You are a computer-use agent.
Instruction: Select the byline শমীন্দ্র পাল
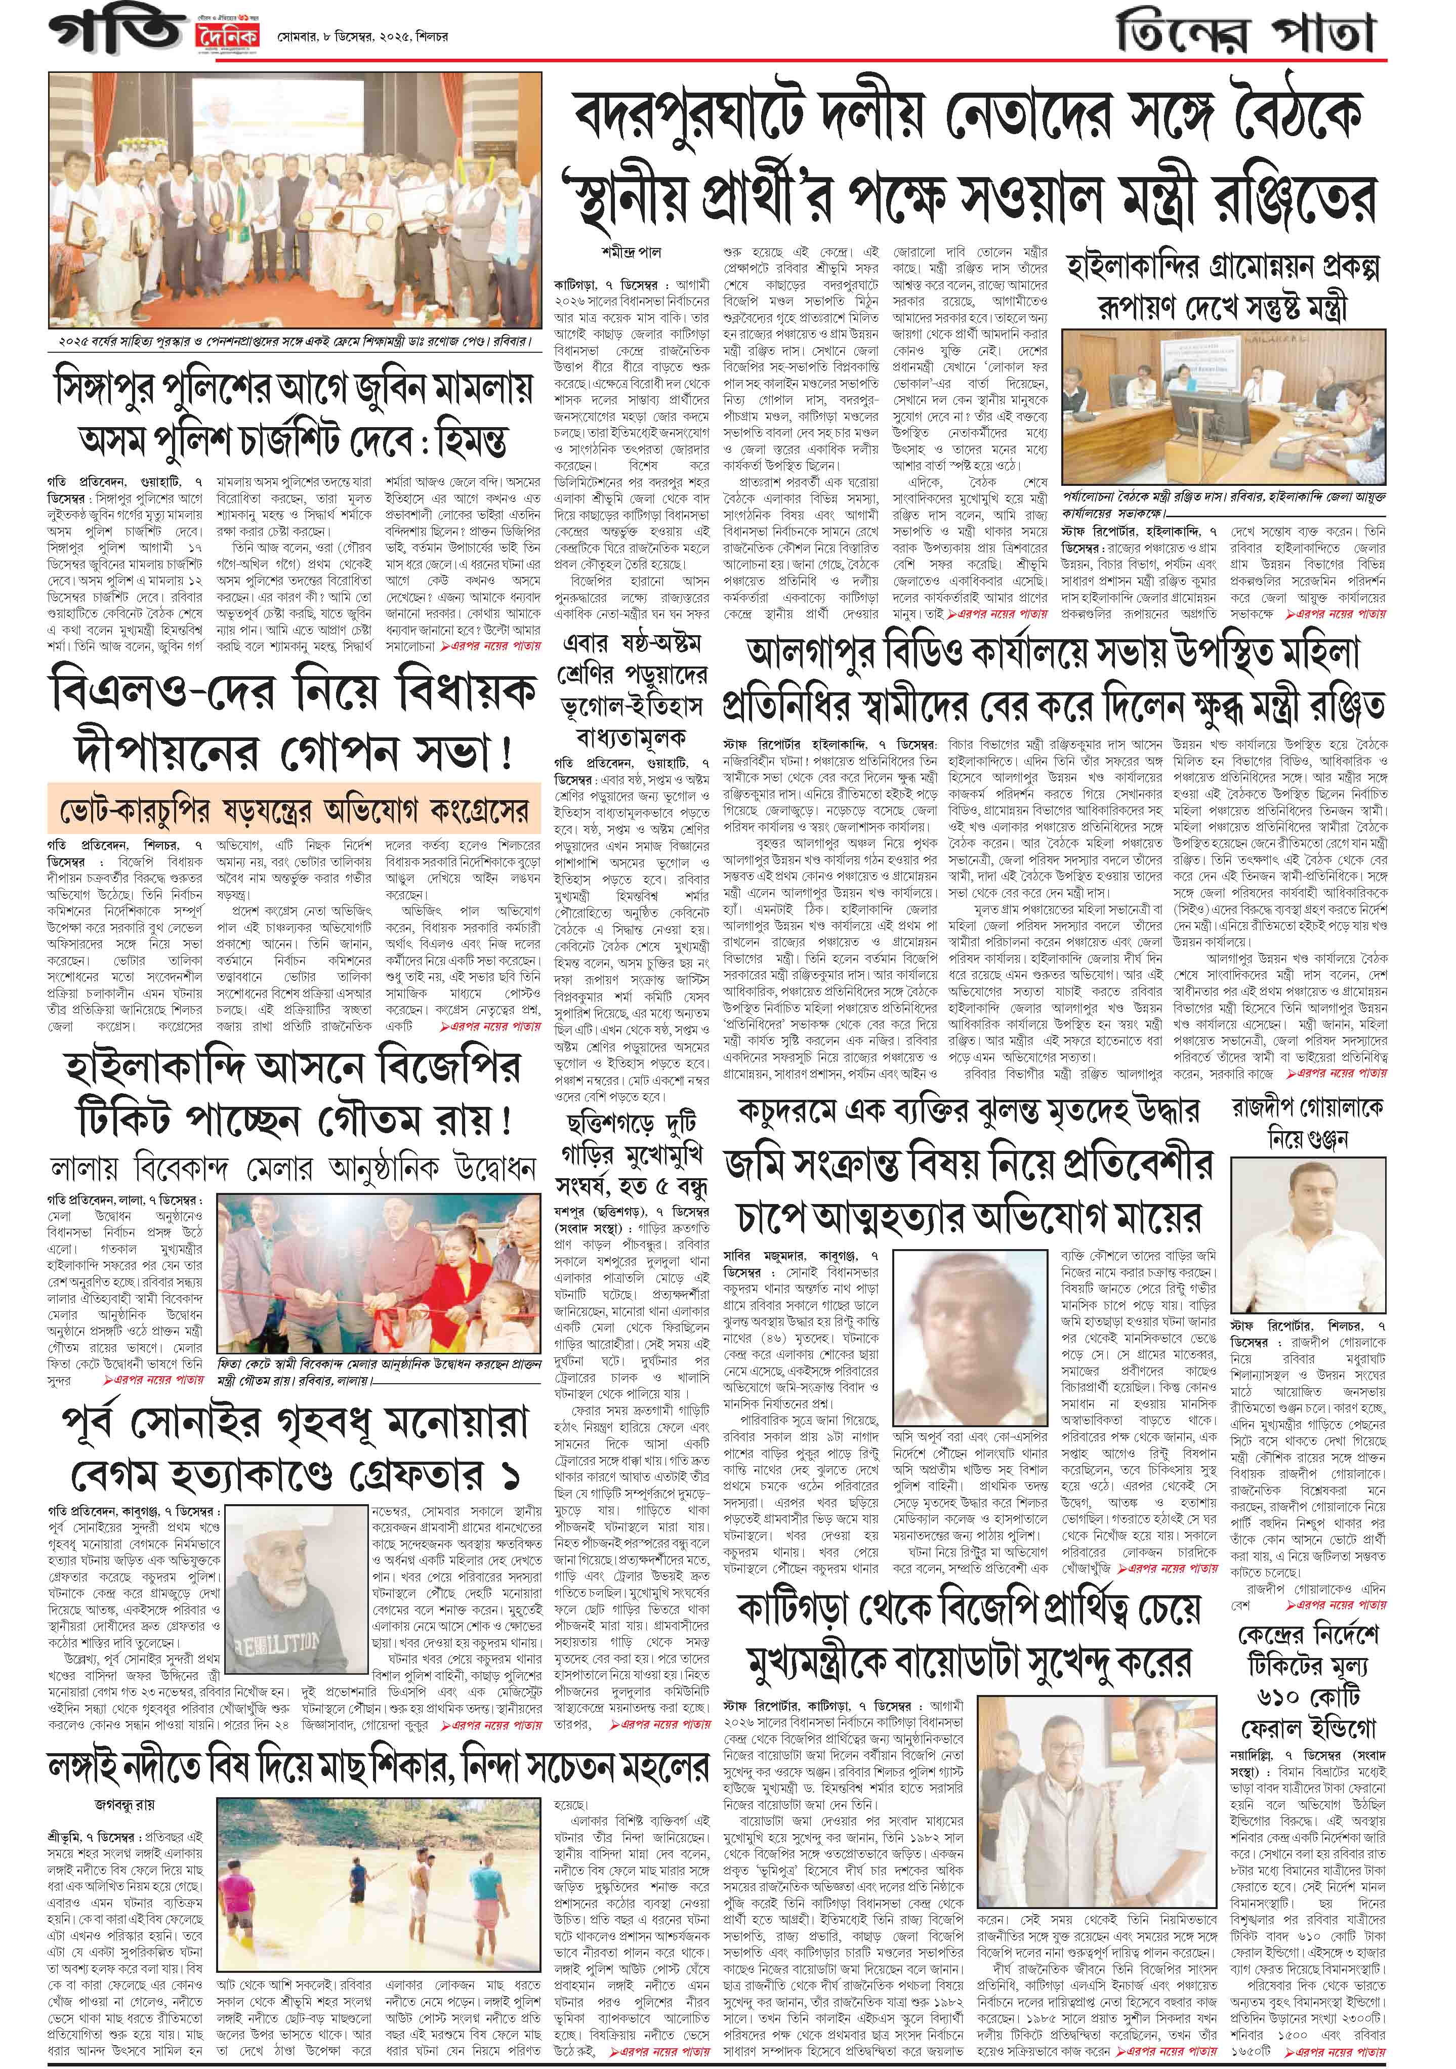click(631, 253)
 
